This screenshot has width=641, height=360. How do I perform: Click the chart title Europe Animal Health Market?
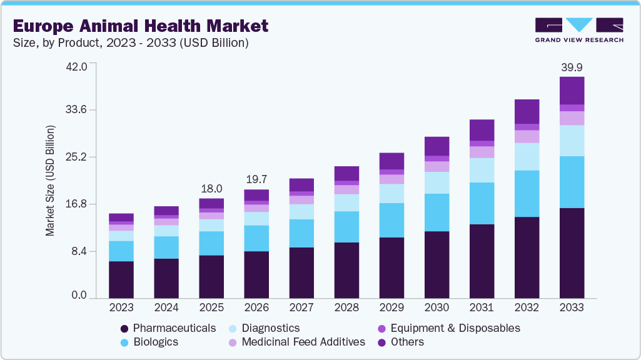[141, 26]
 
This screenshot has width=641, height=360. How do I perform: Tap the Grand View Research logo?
[579, 30]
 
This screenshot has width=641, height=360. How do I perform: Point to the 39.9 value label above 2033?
[572, 67]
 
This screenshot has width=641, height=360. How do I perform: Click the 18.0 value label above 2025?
[211, 189]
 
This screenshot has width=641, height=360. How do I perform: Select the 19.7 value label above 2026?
[256, 180]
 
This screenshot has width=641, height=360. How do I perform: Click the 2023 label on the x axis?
[121, 307]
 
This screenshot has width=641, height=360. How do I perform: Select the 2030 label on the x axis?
[437, 307]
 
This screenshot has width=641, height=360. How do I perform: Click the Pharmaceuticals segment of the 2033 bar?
[572, 253]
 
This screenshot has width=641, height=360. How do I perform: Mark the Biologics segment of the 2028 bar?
[346, 227]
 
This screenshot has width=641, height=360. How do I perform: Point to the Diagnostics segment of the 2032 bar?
[527, 157]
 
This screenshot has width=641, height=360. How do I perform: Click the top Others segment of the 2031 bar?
[482, 130]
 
